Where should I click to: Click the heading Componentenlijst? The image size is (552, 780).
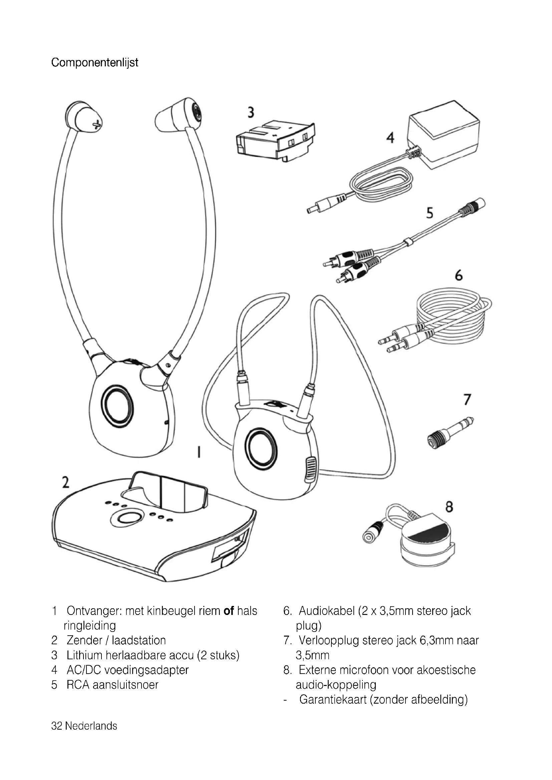point(94,63)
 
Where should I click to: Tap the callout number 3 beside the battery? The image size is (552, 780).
point(251,112)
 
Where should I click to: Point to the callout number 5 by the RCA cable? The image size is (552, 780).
point(430,213)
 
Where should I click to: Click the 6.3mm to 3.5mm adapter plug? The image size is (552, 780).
point(450,433)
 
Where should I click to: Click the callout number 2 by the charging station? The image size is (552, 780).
point(66,483)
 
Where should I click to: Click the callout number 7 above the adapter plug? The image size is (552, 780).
point(467,400)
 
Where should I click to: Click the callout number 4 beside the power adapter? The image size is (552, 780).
point(390,138)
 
